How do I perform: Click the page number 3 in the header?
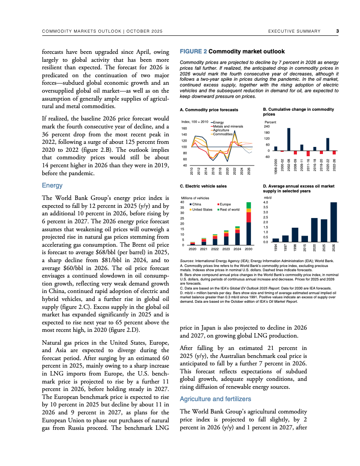(337, 31)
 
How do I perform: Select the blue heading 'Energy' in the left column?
(52, 186)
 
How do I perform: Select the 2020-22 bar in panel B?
(328, 144)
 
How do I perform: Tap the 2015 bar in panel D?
(304, 239)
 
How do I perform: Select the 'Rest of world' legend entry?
(229, 210)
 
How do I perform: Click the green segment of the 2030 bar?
(249, 205)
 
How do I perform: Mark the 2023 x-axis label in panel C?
(226, 249)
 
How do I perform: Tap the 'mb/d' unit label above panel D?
(268, 198)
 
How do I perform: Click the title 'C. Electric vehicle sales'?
(203, 186)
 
